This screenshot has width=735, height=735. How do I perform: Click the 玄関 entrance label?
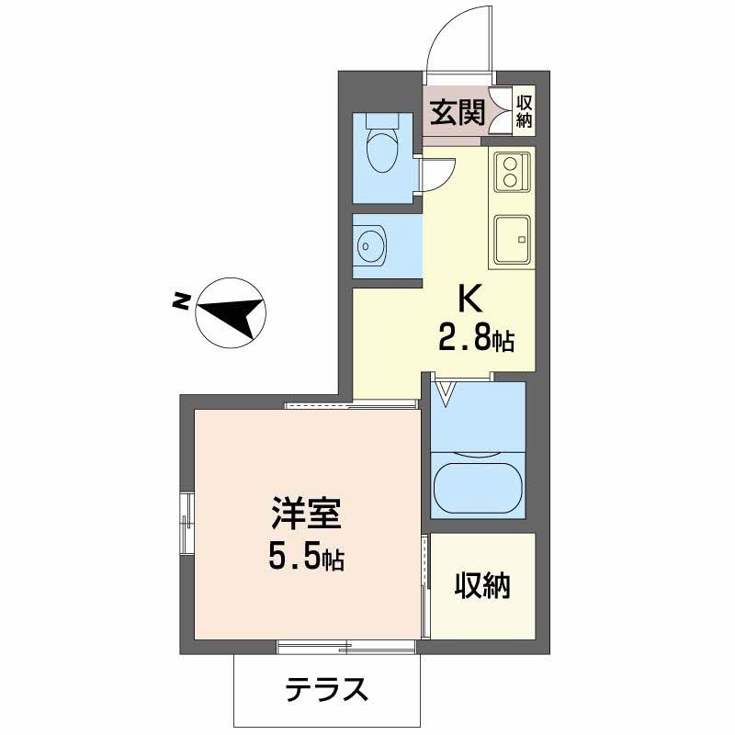458,113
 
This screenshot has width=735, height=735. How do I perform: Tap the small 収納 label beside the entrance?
524,111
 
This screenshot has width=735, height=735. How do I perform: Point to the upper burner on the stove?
509,164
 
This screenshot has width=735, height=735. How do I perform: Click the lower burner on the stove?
509,179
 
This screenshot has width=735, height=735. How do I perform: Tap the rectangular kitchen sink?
513,239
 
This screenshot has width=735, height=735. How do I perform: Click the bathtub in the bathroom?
478,490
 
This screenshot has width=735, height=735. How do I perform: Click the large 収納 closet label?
482,585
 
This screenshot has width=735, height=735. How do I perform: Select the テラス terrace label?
326,689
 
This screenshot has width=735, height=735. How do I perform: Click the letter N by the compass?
180,301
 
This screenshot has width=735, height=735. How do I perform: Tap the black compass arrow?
232,315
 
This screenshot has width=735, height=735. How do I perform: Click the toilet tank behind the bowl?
382,120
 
